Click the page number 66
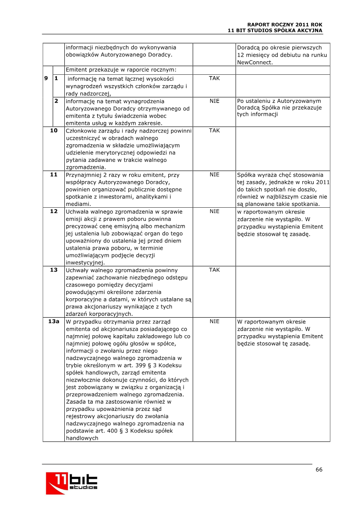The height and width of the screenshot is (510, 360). click(x=319, y=469)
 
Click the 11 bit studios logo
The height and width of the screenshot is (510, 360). click(x=72, y=483)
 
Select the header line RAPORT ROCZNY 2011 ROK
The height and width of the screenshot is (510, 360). click(x=285, y=24)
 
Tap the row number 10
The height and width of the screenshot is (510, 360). click(x=54, y=131)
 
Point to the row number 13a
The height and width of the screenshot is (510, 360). click(x=54, y=322)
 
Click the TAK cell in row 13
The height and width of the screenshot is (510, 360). click(x=214, y=270)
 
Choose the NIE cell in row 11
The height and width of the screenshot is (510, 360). click(x=214, y=174)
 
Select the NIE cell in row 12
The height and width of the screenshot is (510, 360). click(x=214, y=211)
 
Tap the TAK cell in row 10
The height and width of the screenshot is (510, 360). click(x=214, y=131)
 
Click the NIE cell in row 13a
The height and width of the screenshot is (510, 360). click(x=214, y=322)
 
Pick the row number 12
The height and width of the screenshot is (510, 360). click(x=54, y=211)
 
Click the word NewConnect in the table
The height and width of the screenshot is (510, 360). click(x=255, y=63)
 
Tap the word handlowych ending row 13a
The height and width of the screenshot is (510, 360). click(x=82, y=438)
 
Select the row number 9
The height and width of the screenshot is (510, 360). click(x=46, y=78)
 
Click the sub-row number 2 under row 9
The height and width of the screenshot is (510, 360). click(x=56, y=101)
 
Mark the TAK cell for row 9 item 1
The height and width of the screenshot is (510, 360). click(x=214, y=78)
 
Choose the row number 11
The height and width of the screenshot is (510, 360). click(x=54, y=174)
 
